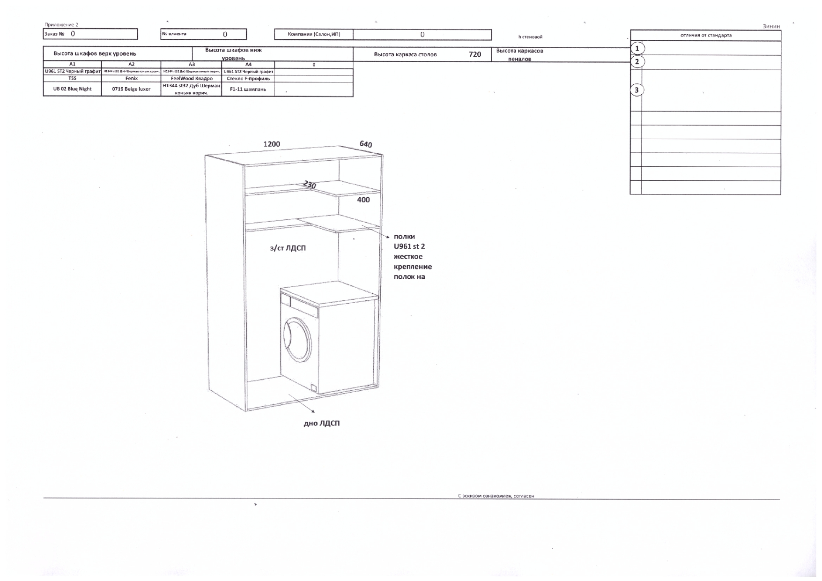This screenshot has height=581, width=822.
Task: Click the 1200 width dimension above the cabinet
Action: pyautogui.click(x=272, y=144)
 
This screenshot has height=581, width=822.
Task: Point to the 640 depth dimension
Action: pyautogui.click(x=365, y=144)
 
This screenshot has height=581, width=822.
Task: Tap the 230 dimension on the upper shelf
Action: pyautogui.click(x=310, y=185)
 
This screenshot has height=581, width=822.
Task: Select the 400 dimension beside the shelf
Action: pyautogui.click(x=363, y=200)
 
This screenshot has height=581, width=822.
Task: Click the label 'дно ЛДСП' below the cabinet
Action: pyautogui.click(x=321, y=424)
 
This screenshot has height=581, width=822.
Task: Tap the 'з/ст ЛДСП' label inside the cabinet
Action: pyautogui.click(x=288, y=248)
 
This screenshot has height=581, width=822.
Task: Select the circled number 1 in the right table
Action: pyautogui.click(x=637, y=48)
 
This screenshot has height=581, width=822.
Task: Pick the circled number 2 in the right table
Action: pyautogui.click(x=637, y=61)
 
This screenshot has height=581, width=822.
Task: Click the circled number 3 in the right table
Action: pyautogui.click(x=637, y=90)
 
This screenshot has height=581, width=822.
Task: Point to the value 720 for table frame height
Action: pyautogui.click(x=474, y=54)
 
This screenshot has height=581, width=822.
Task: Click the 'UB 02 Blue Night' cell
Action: pyautogui.click(x=72, y=89)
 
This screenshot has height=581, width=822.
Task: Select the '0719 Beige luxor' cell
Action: pyautogui.click(x=131, y=89)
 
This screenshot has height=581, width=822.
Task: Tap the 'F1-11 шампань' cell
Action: pyautogui.click(x=248, y=89)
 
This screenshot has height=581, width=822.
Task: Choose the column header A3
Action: pyautogui.click(x=191, y=64)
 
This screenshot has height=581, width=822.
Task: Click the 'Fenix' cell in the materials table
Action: pyautogui.click(x=131, y=79)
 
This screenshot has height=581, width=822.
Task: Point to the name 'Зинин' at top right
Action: pyautogui.click(x=771, y=26)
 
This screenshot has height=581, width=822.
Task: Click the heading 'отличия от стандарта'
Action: pyautogui.click(x=705, y=35)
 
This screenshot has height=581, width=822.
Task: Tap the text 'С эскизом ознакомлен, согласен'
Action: pyautogui.click(x=496, y=496)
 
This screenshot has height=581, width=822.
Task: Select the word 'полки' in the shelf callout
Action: pyautogui.click(x=404, y=237)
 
